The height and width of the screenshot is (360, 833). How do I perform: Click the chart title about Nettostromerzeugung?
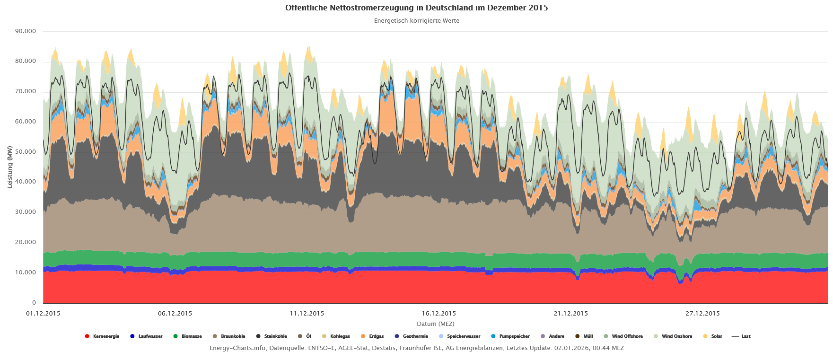click(416, 8)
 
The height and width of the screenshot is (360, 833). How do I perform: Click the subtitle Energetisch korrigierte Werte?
click(416, 21)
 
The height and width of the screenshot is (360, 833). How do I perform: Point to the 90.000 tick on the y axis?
click(26, 31)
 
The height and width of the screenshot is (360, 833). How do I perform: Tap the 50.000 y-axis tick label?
click(26, 152)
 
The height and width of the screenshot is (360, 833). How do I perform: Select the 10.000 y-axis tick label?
click(26, 272)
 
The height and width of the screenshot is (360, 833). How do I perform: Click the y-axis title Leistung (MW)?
click(9, 167)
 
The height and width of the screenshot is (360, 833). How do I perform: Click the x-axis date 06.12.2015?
click(175, 314)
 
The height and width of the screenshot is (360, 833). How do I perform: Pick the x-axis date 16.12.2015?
click(439, 314)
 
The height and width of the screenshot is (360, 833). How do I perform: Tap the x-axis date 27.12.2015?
click(702, 314)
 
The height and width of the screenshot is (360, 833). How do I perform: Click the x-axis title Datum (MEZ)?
click(435, 324)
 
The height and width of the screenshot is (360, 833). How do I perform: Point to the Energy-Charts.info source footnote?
click(416, 348)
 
